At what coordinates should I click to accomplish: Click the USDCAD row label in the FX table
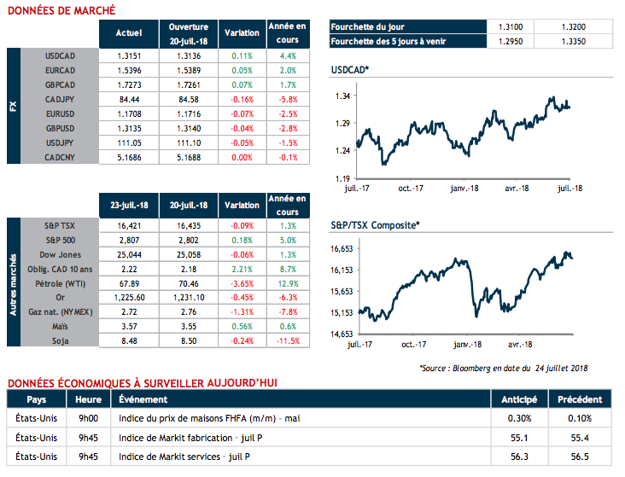coord(60,56)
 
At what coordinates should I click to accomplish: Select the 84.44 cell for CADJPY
coord(128,98)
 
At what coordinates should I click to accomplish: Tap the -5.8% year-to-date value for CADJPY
coord(287,98)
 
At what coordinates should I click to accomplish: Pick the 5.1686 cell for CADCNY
coord(128,158)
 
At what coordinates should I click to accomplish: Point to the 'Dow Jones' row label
coord(59,255)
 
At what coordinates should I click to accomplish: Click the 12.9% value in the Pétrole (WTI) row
coord(287,283)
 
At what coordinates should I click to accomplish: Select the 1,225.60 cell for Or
coord(128,298)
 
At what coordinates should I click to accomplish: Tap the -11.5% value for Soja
coord(287,340)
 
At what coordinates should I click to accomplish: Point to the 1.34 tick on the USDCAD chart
coord(342,97)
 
